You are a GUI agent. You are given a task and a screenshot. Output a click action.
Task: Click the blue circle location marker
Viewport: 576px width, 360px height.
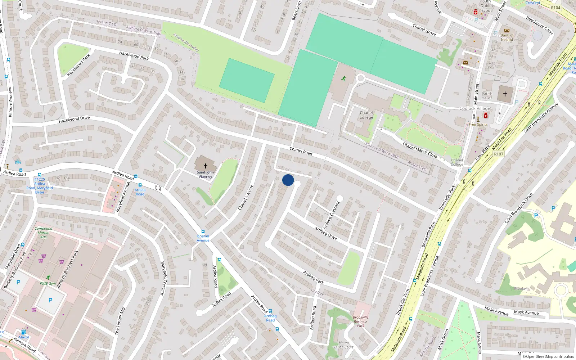(x=288, y=180)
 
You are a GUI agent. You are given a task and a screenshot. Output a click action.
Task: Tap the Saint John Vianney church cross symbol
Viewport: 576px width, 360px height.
(x=206, y=166)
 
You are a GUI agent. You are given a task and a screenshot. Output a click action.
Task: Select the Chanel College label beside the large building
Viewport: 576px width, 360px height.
(x=366, y=115)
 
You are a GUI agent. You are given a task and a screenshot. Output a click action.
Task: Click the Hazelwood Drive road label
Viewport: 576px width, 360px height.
(x=74, y=120)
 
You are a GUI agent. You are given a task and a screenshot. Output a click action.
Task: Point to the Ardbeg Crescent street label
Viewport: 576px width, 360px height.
(x=331, y=215)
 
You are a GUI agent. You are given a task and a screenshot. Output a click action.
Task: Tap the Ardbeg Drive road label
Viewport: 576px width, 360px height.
(x=326, y=233)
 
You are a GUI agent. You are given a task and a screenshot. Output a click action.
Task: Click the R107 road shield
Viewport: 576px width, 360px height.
(x=499, y=154)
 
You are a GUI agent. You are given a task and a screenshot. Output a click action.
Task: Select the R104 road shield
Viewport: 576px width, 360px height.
(x=555, y=8)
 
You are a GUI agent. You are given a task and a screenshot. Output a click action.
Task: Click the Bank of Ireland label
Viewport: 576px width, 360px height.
(x=507, y=37)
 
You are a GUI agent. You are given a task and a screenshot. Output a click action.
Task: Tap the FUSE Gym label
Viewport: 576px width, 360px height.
(x=48, y=284)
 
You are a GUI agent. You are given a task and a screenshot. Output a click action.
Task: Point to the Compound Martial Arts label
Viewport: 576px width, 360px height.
(x=44, y=233)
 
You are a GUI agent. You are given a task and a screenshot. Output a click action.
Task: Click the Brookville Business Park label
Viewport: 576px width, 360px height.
(x=361, y=321)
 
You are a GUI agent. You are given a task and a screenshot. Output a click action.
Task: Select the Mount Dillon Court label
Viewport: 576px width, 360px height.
(x=344, y=345)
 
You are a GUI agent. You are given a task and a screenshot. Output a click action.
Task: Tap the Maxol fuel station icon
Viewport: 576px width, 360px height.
(x=23, y=332)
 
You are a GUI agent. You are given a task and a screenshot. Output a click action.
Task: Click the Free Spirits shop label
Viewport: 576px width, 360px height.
(x=478, y=125)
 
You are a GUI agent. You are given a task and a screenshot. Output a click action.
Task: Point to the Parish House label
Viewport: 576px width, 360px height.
(x=487, y=96)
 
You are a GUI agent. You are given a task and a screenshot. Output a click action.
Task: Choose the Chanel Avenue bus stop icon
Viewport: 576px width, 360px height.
(x=203, y=231)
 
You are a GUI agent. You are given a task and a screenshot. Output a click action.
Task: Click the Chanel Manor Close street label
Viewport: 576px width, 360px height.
(x=420, y=150)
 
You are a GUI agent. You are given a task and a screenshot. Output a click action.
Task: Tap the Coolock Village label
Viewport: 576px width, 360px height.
(x=475, y=108)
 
